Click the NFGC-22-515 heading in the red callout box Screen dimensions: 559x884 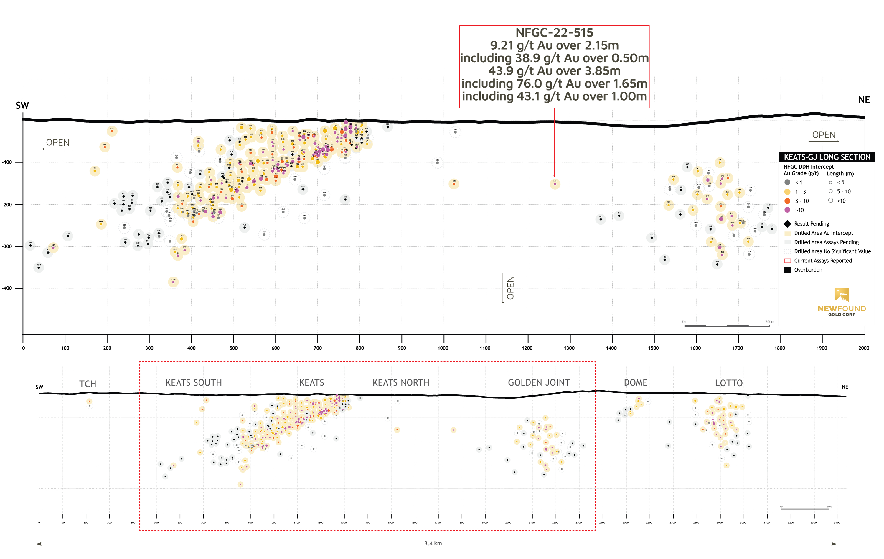(x=554, y=33)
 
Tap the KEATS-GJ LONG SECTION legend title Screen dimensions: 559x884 (x=827, y=157)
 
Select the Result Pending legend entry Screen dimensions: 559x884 (x=811, y=224)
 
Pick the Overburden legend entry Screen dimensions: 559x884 (x=808, y=270)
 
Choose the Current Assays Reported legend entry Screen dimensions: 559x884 (x=823, y=261)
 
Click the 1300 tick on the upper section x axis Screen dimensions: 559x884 (x=569, y=348)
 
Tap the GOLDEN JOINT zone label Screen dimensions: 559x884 (x=539, y=383)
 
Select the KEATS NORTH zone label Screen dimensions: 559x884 (x=401, y=383)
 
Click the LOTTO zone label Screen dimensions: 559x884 (x=729, y=383)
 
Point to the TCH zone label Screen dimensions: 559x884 (x=88, y=384)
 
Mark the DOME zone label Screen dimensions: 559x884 (x=636, y=383)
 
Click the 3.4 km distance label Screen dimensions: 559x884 (x=433, y=544)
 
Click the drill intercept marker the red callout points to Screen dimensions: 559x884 (x=555, y=184)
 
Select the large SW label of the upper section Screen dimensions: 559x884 (x=22, y=106)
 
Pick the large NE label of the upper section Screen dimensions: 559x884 (x=864, y=100)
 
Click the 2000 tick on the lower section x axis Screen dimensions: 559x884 (x=508, y=522)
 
